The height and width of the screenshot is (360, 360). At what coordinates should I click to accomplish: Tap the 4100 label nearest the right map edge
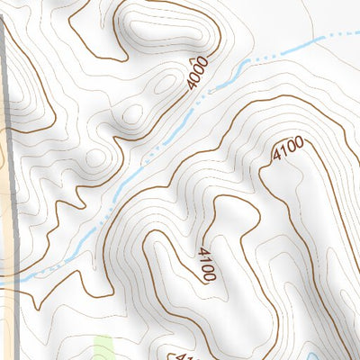click(x=286, y=150)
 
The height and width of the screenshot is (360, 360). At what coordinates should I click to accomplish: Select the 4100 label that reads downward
click(x=204, y=264)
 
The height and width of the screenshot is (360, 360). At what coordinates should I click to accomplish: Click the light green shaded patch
click(x=103, y=348)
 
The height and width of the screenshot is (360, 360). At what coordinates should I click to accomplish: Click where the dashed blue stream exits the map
click(x=357, y=34)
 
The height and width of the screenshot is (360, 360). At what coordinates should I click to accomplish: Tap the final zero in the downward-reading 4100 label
click(x=208, y=275)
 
